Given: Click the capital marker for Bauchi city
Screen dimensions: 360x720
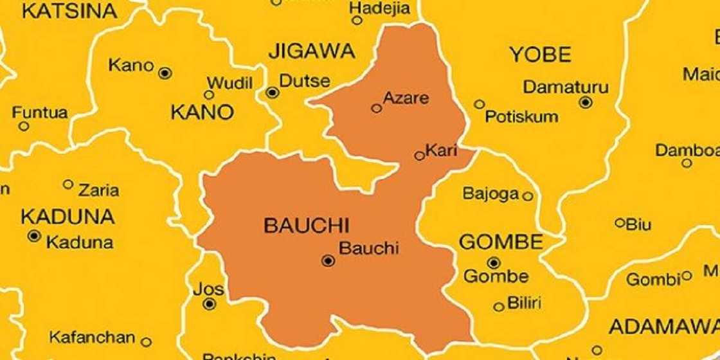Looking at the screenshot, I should coord(328,260).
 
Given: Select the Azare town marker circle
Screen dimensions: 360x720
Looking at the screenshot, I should coord(377,109).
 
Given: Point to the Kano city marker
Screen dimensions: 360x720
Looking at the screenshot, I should coord(165,73).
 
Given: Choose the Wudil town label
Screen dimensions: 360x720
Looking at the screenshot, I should coord(229,83).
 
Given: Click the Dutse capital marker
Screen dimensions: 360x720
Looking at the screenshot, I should coord(273,93).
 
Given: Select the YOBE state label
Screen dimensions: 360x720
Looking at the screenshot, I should coord(540,55).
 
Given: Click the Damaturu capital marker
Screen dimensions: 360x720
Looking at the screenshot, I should coord(585,102).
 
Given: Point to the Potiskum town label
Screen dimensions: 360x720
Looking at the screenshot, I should coord(521,117).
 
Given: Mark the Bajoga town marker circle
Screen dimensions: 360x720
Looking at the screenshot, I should coord(528,196).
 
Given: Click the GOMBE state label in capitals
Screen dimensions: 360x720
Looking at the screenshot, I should coord(501,242).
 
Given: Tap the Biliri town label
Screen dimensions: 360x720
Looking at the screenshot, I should coord(525,302).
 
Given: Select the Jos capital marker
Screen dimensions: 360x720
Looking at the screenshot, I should coord(209,305).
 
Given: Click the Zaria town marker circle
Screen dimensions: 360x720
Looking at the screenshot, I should coord(67,184).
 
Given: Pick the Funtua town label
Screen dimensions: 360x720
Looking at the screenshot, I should coord(40,113).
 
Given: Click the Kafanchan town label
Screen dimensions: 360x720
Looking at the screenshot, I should coord(92,337).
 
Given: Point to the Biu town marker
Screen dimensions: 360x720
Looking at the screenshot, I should coord(620,223).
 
